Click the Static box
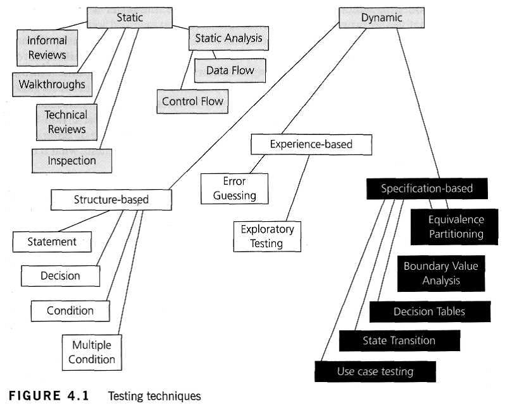point(129,18)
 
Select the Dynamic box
point(381,18)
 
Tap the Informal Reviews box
point(47,48)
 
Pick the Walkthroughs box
point(52,84)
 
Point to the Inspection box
point(71,161)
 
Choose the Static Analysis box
point(228,38)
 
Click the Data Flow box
point(230,70)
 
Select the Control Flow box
point(193,101)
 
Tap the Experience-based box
point(311,144)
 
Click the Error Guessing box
point(234,188)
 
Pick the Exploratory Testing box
point(267,236)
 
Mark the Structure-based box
point(111,200)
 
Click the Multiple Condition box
point(92,352)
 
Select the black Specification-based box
point(427,188)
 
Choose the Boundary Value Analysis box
point(441,273)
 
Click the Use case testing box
point(375,371)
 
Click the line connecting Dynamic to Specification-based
point(417,101)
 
